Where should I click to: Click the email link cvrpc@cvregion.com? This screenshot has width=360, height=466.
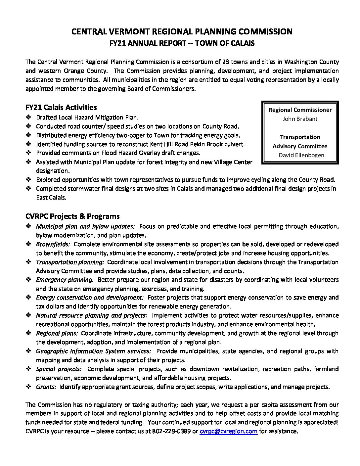[228, 431]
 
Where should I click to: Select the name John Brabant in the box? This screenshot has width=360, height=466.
[300, 119]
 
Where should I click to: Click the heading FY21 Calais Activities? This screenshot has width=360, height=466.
[61, 108]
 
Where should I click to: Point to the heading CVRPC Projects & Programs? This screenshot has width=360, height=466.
[72, 216]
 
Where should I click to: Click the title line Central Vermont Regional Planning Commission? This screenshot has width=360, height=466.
[182, 32]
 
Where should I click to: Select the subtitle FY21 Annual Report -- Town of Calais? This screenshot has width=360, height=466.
[182, 43]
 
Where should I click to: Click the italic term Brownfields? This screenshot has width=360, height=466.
[53, 244]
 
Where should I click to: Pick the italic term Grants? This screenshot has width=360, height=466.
[46, 387]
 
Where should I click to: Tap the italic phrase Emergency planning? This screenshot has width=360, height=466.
[65, 280]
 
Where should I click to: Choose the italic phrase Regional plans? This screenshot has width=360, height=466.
[57, 333]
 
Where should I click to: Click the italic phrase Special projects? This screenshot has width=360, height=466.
[59, 369]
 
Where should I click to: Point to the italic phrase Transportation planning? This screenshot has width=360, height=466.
[70, 262]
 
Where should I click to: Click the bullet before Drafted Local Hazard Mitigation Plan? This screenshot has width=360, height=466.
[28, 117]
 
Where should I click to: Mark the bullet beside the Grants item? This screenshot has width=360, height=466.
[28, 387]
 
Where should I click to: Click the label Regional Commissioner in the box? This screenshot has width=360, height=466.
[300, 110]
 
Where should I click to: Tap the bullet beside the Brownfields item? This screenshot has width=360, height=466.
[28, 244]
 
